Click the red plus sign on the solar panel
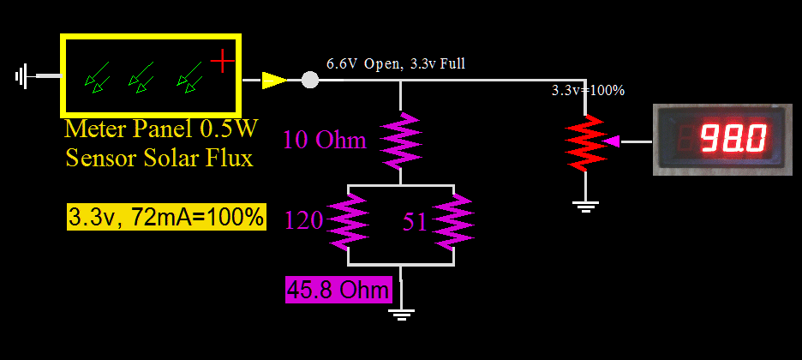click(222, 61)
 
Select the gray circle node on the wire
click(310, 81)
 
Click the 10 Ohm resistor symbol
click(400, 140)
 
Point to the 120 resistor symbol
click(348, 220)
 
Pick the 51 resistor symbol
click(453, 220)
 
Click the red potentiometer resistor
click(585, 142)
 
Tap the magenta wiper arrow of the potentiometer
click(612, 142)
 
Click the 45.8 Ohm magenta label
click(338, 290)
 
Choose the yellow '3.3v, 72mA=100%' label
click(166, 217)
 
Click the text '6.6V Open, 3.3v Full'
click(396, 63)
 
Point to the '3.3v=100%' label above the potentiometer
click(588, 90)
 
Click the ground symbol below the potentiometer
click(585, 204)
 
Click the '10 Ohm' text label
click(324, 140)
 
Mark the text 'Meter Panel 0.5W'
click(160, 130)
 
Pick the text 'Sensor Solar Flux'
click(159, 159)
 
